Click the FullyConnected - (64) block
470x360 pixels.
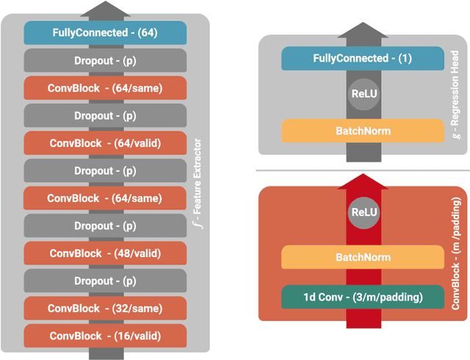pos(105,33)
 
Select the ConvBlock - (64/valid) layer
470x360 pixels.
pos(105,143)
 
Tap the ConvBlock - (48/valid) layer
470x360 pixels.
pos(105,253)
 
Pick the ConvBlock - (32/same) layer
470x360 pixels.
pos(105,308)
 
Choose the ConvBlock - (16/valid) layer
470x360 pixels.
pos(105,335)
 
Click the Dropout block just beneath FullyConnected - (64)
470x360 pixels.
pos(105,60)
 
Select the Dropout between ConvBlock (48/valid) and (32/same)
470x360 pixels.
pos(105,281)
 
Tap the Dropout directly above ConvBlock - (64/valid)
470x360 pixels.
pos(105,115)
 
